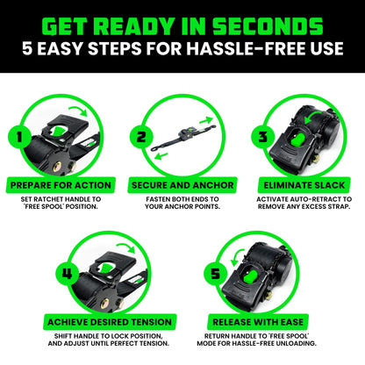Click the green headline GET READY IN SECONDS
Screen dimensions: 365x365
click(x=182, y=22)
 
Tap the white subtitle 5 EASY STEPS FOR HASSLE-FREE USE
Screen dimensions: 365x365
click(x=182, y=50)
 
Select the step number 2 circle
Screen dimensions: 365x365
click(x=140, y=138)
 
